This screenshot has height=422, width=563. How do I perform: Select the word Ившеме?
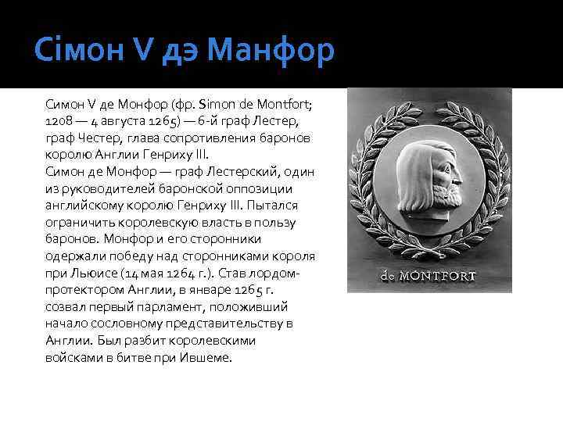205,358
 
